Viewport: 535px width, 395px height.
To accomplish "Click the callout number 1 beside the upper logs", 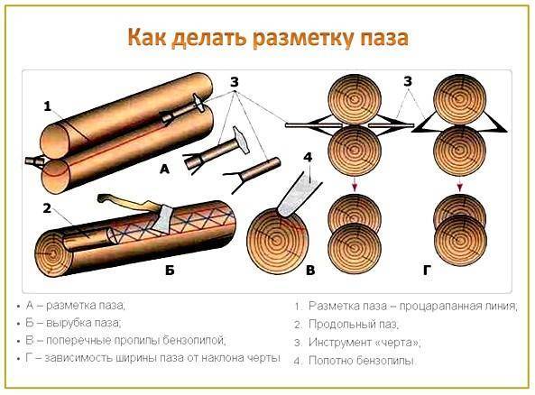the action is coord(48,106).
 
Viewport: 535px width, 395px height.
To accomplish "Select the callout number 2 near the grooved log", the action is coord(47,207).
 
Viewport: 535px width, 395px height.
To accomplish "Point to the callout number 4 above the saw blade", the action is coord(308,157).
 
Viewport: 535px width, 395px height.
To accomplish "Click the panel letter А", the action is coord(164,169).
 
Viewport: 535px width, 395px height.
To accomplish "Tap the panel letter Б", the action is coord(170,271).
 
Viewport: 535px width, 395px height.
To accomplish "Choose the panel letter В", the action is coord(310,271).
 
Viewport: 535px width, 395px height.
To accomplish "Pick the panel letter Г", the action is coord(427,271).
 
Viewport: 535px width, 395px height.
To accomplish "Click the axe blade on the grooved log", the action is coord(163,219).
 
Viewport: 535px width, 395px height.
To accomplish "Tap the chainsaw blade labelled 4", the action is coord(299,196).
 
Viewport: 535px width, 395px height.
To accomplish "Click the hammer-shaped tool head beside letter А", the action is coord(241,140).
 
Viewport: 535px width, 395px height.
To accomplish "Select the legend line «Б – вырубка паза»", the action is coord(73,323).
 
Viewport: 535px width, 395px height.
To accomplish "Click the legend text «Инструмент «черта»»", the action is coord(364,342).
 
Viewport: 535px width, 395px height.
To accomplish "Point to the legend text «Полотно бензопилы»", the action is coord(362,360).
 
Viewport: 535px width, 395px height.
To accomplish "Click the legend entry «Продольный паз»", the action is coord(353,324).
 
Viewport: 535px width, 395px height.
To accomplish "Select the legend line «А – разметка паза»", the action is coord(76,305).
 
